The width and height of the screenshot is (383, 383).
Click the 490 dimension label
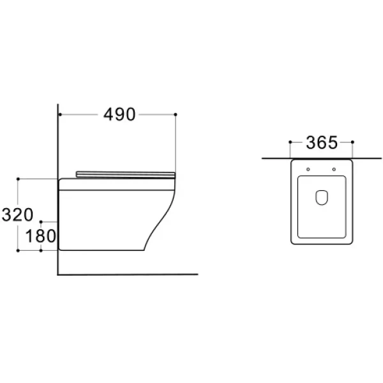click(119, 114)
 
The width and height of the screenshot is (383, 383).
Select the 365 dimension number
click(322, 142)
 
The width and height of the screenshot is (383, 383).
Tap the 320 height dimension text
click(17, 214)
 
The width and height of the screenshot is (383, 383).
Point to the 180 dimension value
click(41, 236)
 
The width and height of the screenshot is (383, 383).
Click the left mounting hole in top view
click(308, 169)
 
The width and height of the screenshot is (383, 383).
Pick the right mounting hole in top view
click(334, 169)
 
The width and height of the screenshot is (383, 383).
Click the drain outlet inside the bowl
click(322, 197)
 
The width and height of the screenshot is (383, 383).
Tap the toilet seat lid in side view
click(126, 175)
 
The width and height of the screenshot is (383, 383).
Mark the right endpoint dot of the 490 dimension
click(176, 114)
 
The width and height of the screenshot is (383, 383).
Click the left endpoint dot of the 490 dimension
click(60, 114)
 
